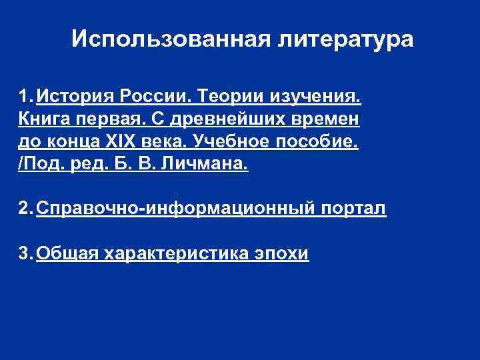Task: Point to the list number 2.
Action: click(24, 209)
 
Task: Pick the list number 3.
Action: click(24, 254)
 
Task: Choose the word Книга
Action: click(46, 120)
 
